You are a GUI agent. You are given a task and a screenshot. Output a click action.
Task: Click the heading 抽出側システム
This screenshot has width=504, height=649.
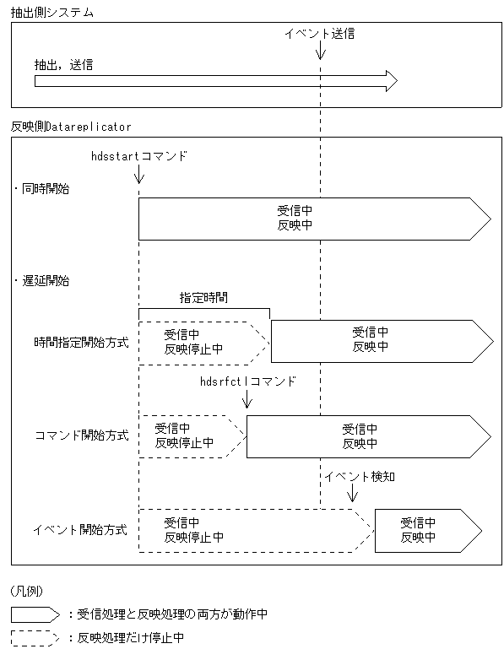(x=52, y=14)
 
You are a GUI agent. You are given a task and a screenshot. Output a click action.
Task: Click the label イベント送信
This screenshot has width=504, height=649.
(x=320, y=34)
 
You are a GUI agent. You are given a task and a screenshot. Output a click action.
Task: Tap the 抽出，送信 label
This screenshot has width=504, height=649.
(x=64, y=64)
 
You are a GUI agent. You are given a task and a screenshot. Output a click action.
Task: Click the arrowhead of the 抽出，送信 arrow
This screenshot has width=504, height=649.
(x=390, y=81)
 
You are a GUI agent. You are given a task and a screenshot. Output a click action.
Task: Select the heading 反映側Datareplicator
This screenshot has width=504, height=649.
(x=71, y=126)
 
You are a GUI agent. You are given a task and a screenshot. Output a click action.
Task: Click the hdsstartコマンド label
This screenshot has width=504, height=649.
(x=138, y=157)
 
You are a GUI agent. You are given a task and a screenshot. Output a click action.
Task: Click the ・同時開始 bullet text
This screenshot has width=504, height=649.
(x=42, y=188)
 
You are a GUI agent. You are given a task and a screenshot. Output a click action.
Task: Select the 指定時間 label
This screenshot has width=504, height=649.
(x=203, y=297)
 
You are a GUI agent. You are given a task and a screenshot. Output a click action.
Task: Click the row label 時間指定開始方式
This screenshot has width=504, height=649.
(x=81, y=343)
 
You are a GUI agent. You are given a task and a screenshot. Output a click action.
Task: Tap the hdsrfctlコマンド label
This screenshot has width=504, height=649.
(x=247, y=381)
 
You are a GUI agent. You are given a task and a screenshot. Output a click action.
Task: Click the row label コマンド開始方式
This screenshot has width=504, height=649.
(x=82, y=435)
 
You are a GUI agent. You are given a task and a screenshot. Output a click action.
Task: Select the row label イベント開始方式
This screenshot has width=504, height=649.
(x=80, y=530)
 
